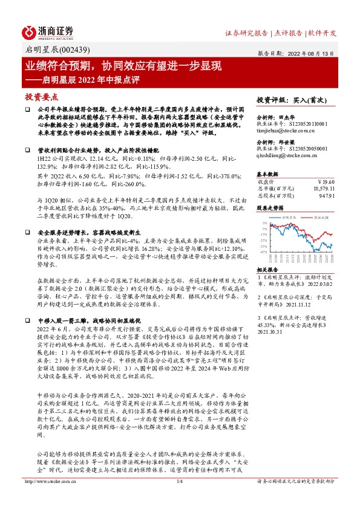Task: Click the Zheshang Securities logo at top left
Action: tap(48, 31)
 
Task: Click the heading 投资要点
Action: tap(41, 96)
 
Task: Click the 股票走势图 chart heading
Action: tap(270, 207)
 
